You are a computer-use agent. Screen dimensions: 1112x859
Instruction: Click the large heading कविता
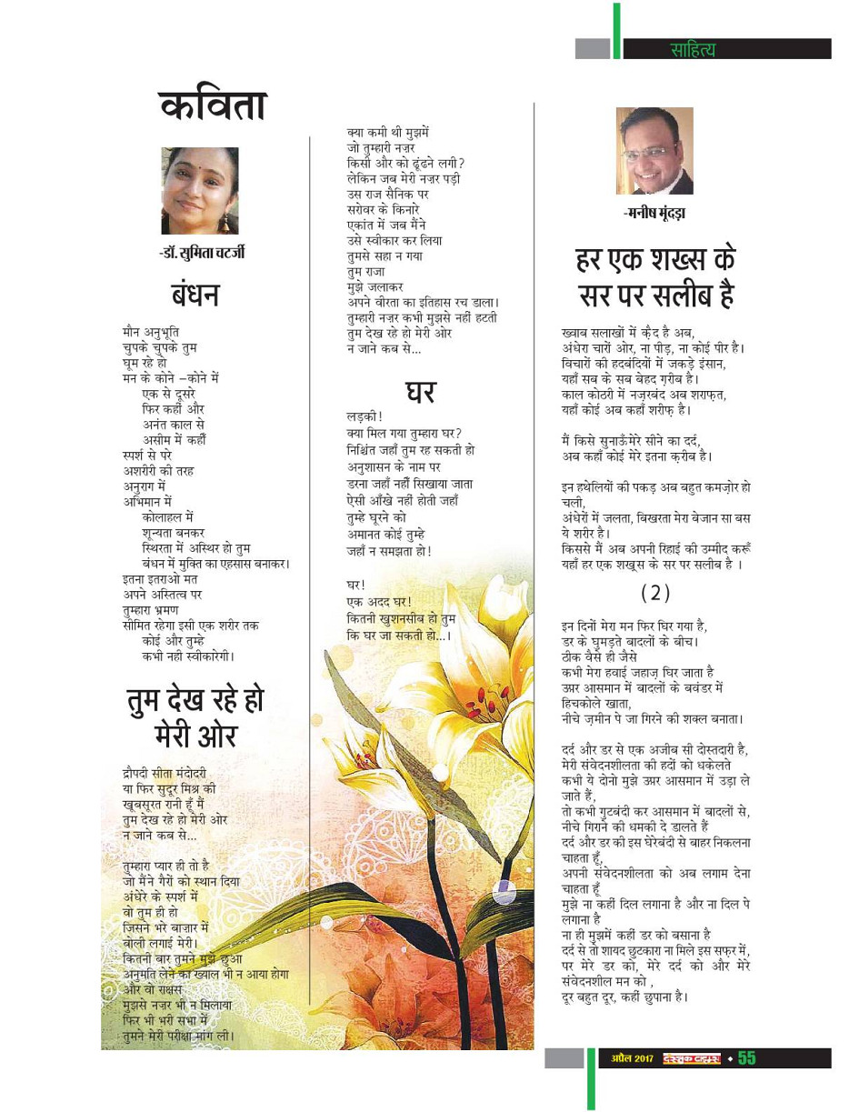(x=211, y=107)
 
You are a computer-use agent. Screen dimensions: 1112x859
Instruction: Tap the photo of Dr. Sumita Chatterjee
(x=200, y=192)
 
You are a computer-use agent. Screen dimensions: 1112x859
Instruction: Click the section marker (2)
(x=654, y=592)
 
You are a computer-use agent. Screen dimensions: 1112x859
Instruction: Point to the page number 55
(x=746, y=1057)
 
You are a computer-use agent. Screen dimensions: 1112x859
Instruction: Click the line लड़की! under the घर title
(x=352, y=417)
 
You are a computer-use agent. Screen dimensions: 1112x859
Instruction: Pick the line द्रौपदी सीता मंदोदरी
(x=166, y=773)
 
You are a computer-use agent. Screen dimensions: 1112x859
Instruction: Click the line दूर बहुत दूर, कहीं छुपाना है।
(x=627, y=997)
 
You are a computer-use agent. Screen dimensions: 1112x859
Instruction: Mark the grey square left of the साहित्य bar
(x=592, y=49)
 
